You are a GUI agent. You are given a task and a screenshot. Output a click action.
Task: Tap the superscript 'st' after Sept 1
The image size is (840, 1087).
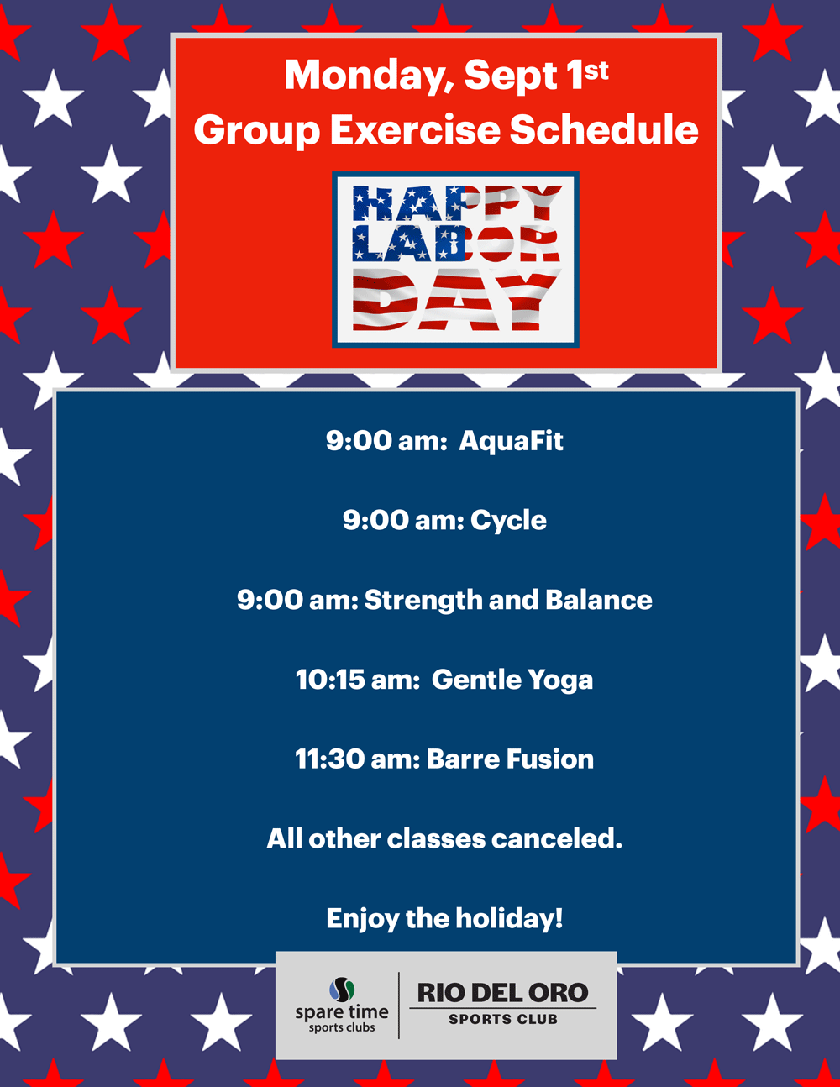(x=596, y=71)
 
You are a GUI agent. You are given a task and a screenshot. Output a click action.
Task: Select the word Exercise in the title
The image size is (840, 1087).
(x=415, y=130)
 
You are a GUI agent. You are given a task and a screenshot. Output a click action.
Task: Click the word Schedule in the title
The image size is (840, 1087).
(x=603, y=129)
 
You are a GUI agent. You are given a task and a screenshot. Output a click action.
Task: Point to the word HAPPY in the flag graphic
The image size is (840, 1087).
(x=457, y=203)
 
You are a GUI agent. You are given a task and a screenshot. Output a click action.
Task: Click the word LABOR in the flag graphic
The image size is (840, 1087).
(x=455, y=244)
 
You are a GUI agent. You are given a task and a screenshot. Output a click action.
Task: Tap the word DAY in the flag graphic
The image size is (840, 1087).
(x=456, y=299)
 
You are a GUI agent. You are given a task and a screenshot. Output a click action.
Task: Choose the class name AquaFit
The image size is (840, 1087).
(x=511, y=442)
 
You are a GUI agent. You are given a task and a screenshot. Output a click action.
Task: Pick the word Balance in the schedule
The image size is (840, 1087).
(x=598, y=600)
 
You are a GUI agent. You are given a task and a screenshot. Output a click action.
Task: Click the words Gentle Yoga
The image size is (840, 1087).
(x=512, y=680)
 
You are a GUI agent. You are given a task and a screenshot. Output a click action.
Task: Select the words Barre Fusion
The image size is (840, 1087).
(x=510, y=759)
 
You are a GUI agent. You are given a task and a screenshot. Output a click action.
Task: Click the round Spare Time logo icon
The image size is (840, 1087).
(x=342, y=990)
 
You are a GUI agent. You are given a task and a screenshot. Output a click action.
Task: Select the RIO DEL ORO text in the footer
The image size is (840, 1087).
(x=502, y=993)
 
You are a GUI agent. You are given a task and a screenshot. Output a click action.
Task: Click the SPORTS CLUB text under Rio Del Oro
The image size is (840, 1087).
(x=502, y=1019)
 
